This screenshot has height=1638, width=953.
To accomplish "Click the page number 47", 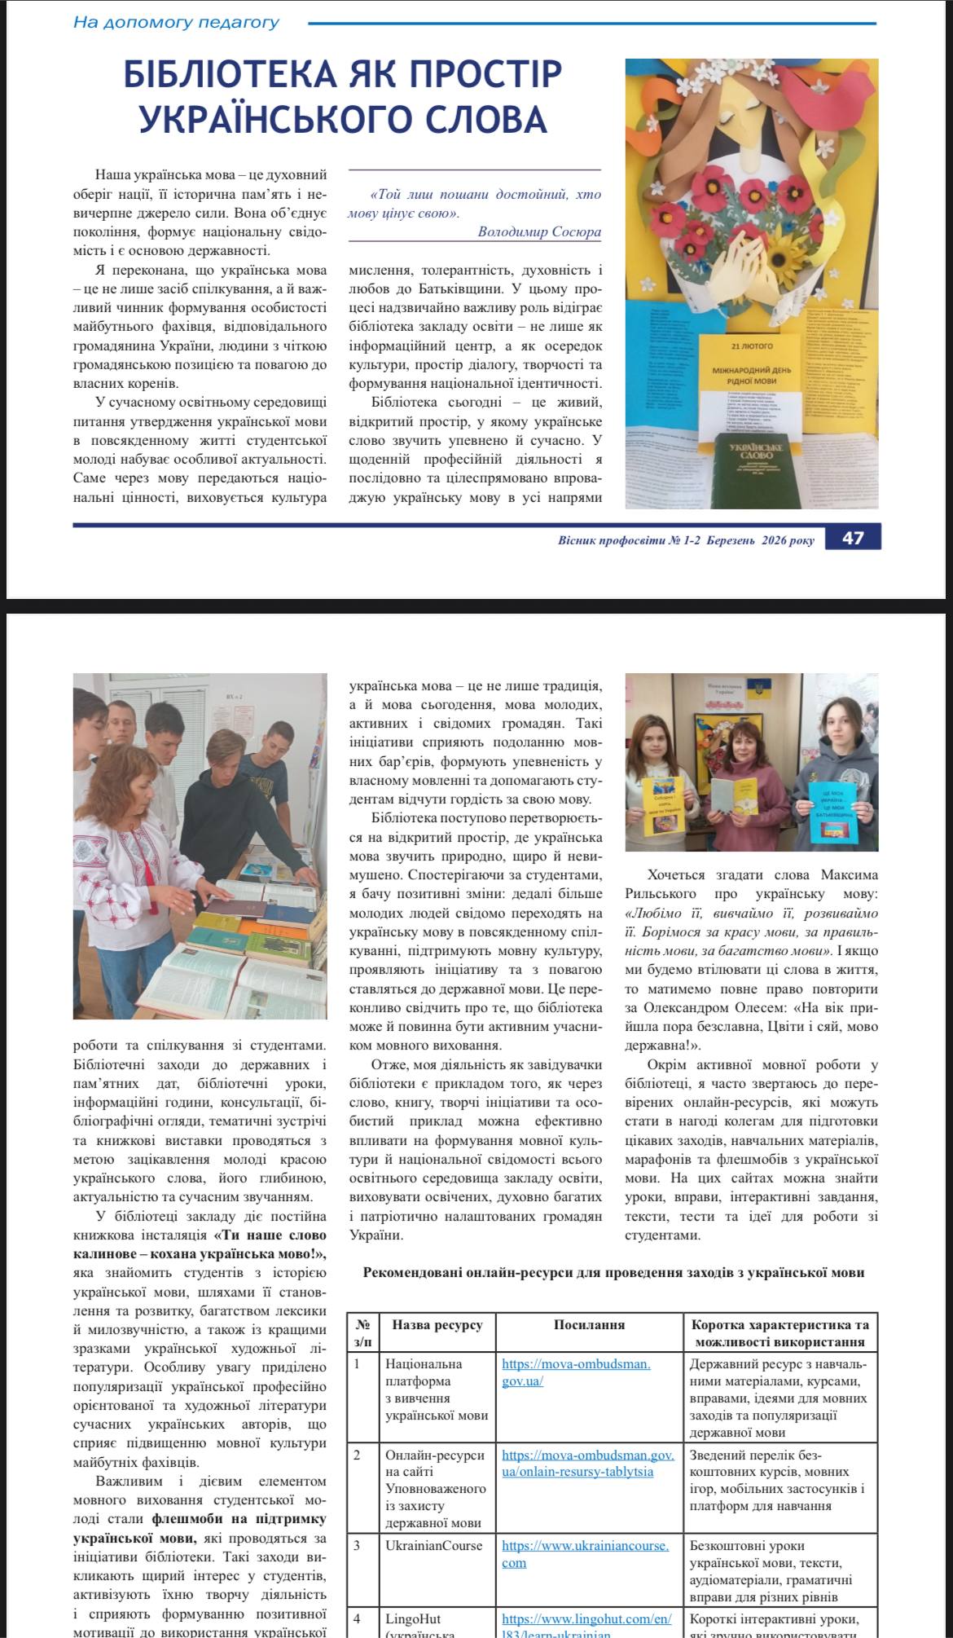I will click(x=853, y=538).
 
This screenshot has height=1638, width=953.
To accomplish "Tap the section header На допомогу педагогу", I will click(x=176, y=22).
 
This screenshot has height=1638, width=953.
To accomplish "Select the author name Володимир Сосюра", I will click(x=539, y=232).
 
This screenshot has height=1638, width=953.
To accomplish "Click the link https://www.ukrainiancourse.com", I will click(x=585, y=1553).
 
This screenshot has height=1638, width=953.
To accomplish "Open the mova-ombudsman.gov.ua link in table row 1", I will click(x=576, y=1372).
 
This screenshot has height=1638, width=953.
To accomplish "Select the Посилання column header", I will click(x=589, y=1324).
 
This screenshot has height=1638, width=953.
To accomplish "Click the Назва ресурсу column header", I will click(x=437, y=1324).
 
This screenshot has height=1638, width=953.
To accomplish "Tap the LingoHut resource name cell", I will click(x=413, y=1618).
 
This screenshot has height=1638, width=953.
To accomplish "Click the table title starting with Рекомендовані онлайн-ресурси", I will click(x=613, y=1271).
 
